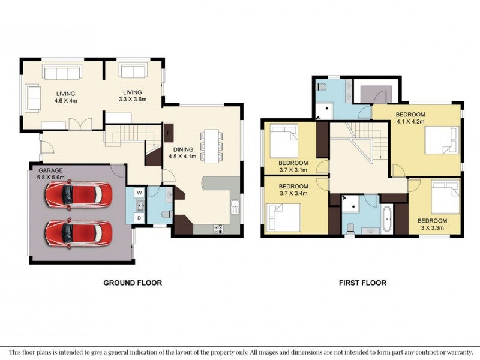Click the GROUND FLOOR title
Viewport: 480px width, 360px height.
coord(133,283)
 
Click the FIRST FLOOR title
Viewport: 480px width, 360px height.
coord(362,283)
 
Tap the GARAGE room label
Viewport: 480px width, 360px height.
coord(50,170)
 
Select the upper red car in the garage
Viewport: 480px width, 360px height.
coord(79,194)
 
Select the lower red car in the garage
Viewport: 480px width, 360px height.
coord(79,233)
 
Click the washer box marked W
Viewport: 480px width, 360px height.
coord(140,193)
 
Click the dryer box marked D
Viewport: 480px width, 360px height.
coord(140,218)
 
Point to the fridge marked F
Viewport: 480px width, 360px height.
coord(169,133)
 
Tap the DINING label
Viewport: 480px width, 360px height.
coord(184,149)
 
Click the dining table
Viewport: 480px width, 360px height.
coord(212,146)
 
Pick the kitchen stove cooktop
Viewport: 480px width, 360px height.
coord(218,229)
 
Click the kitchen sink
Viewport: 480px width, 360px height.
coord(235,207)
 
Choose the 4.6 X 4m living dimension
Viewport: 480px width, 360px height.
coord(66,100)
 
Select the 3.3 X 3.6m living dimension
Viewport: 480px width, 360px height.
coord(133,99)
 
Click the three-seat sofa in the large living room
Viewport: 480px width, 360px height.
coord(62,73)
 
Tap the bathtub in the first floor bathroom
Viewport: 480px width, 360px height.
coord(388,219)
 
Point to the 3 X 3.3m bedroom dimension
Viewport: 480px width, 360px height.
coord(432,227)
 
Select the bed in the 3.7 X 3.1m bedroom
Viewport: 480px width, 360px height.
coord(283,140)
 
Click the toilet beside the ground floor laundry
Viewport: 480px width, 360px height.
coord(167,214)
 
